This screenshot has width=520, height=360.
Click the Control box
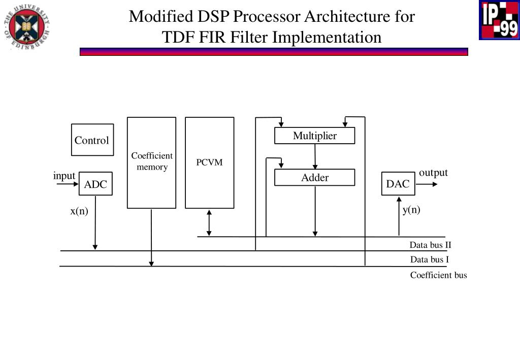tap(92, 140)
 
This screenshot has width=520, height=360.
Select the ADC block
tap(95, 184)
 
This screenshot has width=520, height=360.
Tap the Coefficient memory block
tap(151, 163)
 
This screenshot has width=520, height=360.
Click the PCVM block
tap(210, 163)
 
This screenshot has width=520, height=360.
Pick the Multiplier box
tap(315, 136)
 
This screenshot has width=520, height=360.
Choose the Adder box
tap(315, 177)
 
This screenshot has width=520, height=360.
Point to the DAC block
tap(398, 184)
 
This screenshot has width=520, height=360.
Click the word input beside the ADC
tap(64, 176)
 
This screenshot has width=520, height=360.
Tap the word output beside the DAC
tap(434, 173)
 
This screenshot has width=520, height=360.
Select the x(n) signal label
tap(79, 211)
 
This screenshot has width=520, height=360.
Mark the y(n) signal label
tap(411, 210)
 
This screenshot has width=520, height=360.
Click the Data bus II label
tap(431, 245)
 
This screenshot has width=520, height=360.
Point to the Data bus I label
tap(430, 259)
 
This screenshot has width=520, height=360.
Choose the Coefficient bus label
tap(438, 275)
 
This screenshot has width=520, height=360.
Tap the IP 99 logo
tap(499, 20)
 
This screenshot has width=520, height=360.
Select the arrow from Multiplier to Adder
tap(315, 156)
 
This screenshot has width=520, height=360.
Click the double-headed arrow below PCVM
tap(209, 223)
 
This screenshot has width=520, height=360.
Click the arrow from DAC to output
tap(427, 184)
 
